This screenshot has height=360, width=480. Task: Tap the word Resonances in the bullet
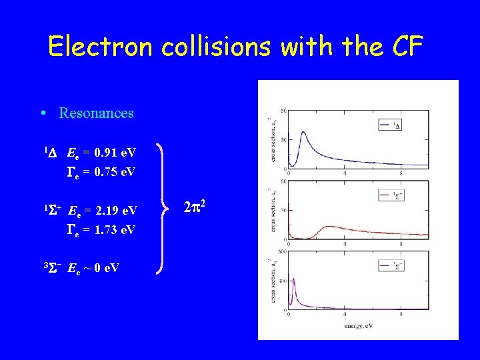[96, 113]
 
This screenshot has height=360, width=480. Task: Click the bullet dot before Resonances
[43, 113]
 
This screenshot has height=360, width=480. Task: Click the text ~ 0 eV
[100, 268]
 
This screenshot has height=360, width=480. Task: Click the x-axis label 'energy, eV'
[357, 325]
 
